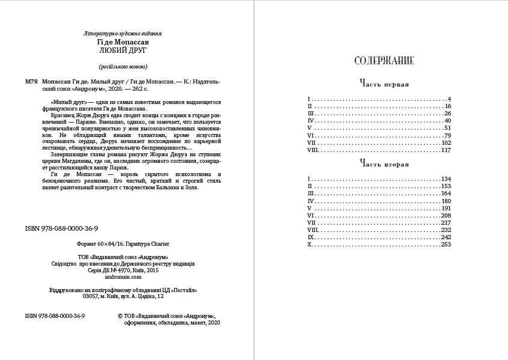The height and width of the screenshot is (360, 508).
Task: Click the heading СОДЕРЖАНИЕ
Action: tap(384, 61)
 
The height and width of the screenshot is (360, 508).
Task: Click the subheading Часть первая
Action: tap(384, 84)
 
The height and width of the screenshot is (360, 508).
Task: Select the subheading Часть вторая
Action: tap(384, 164)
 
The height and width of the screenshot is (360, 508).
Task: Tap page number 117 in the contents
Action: tap(445, 150)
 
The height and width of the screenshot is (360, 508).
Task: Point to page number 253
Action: tap(445, 245)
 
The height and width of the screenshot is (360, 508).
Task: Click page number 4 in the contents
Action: tap(449, 98)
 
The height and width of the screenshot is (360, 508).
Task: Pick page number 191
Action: tap(445, 208)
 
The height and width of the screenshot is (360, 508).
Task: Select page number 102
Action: tap(445, 143)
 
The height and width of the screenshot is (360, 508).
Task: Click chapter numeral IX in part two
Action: tap(310, 237)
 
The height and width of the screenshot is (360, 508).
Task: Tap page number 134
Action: tap(445, 179)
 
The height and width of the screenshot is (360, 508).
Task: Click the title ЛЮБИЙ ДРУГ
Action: tap(122, 51)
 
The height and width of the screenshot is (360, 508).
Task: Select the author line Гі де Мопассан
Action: tap(122, 43)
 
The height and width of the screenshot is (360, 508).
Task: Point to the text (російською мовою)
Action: tap(122, 67)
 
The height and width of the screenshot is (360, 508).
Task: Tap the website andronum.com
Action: tap(122, 278)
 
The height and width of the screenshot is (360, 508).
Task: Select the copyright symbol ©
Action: tap(121, 316)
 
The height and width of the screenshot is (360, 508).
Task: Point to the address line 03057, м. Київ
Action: tap(122, 296)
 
